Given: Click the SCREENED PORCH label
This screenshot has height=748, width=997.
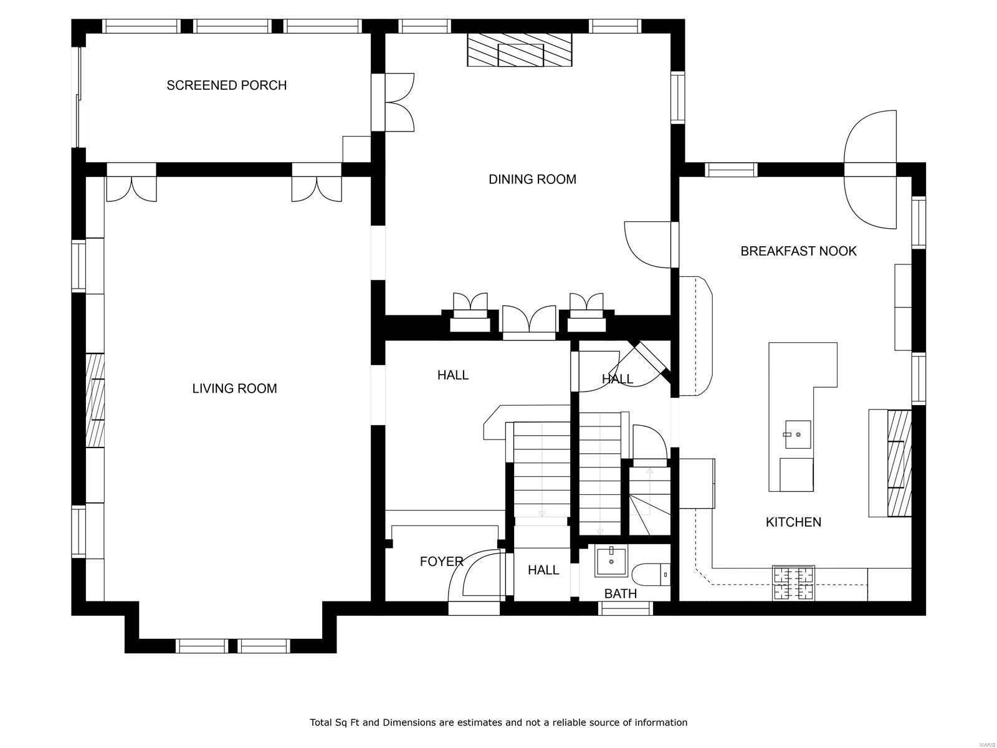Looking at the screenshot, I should (x=226, y=85).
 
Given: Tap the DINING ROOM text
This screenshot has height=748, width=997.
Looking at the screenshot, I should (x=532, y=180).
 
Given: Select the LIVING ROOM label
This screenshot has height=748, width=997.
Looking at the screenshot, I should (x=234, y=388).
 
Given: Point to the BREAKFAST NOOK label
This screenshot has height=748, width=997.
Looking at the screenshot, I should (x=798, y=251).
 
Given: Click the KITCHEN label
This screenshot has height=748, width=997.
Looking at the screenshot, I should (x=793, y=522).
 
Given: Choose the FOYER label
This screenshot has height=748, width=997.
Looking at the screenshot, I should (x=441, y=562).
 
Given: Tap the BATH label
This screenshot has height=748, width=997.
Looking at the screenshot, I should (x=621, y=594).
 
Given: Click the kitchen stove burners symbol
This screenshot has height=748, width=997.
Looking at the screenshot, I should (x=793, y=583).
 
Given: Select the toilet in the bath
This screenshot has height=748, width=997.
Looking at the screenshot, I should (x=651, y=574).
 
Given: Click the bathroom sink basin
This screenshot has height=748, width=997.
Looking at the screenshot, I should (x=611, y=561).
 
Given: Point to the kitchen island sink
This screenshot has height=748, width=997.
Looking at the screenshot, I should (x=797, y=434).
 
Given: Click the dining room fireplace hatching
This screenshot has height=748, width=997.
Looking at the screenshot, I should (x=520, y=50).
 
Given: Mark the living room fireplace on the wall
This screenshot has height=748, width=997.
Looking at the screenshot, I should (x=95, y=400).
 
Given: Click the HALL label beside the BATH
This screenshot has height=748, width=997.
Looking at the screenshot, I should (x=543, y=570).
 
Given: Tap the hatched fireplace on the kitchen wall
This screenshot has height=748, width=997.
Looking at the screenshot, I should (x=899, y=463).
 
